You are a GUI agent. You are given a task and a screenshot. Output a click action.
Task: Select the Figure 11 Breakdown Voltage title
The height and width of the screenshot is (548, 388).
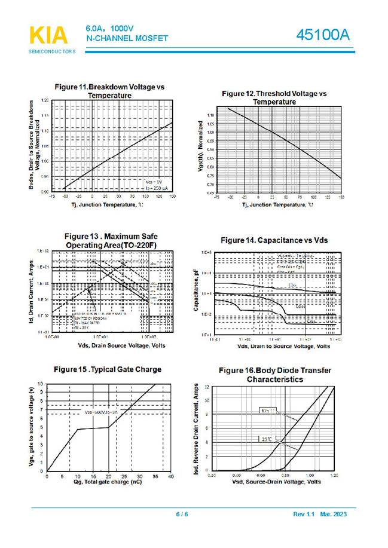click(109, 91)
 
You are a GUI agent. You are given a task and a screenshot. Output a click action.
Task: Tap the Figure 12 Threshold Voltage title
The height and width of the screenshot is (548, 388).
click(274, 97)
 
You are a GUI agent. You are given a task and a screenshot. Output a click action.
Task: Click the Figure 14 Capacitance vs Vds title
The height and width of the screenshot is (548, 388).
click(274, 240)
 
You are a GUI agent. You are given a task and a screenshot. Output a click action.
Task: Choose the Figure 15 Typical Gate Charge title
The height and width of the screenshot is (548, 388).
click(107, 369)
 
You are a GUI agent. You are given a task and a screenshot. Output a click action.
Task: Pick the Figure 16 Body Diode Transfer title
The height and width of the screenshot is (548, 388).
click(274, 375)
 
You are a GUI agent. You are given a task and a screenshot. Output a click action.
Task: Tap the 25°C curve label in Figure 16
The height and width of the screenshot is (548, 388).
click(266, 439)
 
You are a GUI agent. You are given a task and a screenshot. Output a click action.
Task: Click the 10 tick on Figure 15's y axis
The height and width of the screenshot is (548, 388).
click(40, 383)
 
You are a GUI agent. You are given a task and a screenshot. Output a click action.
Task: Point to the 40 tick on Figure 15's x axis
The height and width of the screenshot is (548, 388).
click(170, 476)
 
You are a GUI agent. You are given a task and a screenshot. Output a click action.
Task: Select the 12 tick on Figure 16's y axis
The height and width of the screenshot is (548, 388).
click(206, 387)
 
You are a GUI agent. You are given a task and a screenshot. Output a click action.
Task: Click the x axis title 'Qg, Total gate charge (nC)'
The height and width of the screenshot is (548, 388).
click(108, 482)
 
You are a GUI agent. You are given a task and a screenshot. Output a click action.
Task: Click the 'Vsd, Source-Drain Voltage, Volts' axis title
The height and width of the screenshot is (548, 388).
click(273, 482)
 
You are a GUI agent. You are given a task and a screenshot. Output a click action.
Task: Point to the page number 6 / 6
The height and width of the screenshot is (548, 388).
click(182, 515)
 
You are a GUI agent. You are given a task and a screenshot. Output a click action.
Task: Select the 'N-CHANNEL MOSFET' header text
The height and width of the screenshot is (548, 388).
click(127, 39)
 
